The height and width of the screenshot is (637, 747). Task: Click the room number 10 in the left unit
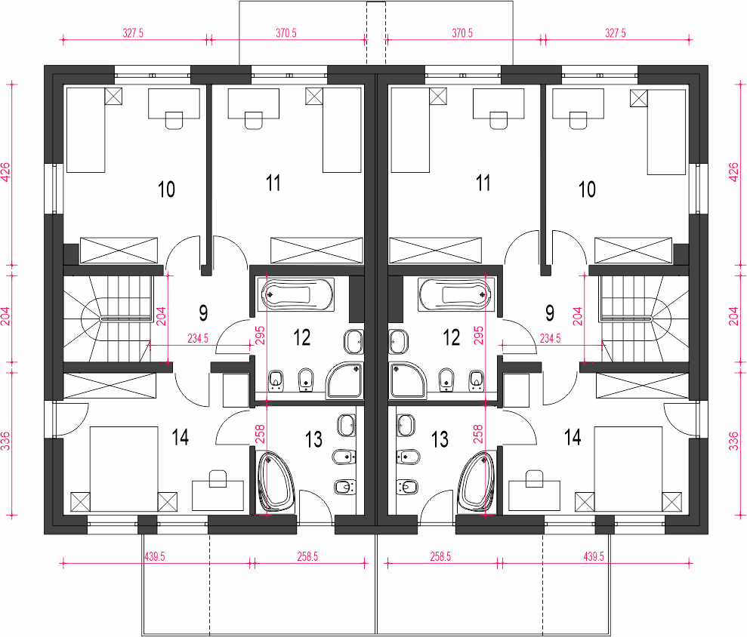point(166,189)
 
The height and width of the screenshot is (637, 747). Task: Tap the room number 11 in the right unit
point(483,183)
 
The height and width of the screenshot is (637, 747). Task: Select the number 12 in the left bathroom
point(301,337)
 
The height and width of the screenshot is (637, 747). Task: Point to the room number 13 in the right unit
point(439,439)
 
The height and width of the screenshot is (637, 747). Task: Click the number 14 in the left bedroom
point(180,437)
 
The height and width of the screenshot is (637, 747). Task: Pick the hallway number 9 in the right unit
point(549,311)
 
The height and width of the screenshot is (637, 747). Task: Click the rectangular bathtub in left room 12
point(295,294)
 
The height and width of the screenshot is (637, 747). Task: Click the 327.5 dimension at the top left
point(132,33)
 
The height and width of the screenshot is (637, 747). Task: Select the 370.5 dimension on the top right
point(461,33)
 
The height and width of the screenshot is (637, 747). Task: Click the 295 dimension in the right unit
point(477,335)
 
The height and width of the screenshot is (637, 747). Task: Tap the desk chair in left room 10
point(174,120)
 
